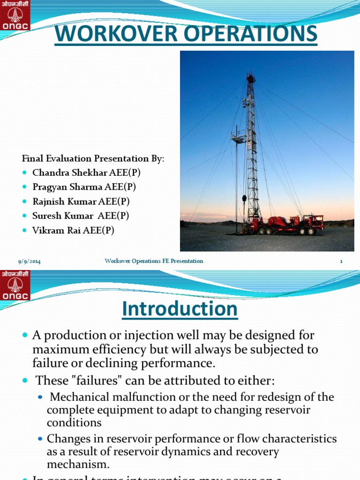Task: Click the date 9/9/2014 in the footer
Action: [29, 261]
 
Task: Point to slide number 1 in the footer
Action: [341, 261]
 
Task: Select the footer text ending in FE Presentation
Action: [154, 261]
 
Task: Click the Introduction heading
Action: [180, 309]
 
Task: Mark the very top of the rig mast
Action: [251, 74]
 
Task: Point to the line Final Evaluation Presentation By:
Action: [93, 159]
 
